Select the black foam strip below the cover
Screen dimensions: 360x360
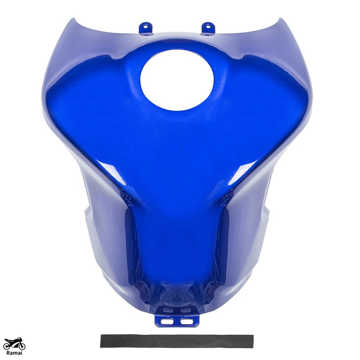click(177, 341)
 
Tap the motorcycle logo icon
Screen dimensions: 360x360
click(15, 343)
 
